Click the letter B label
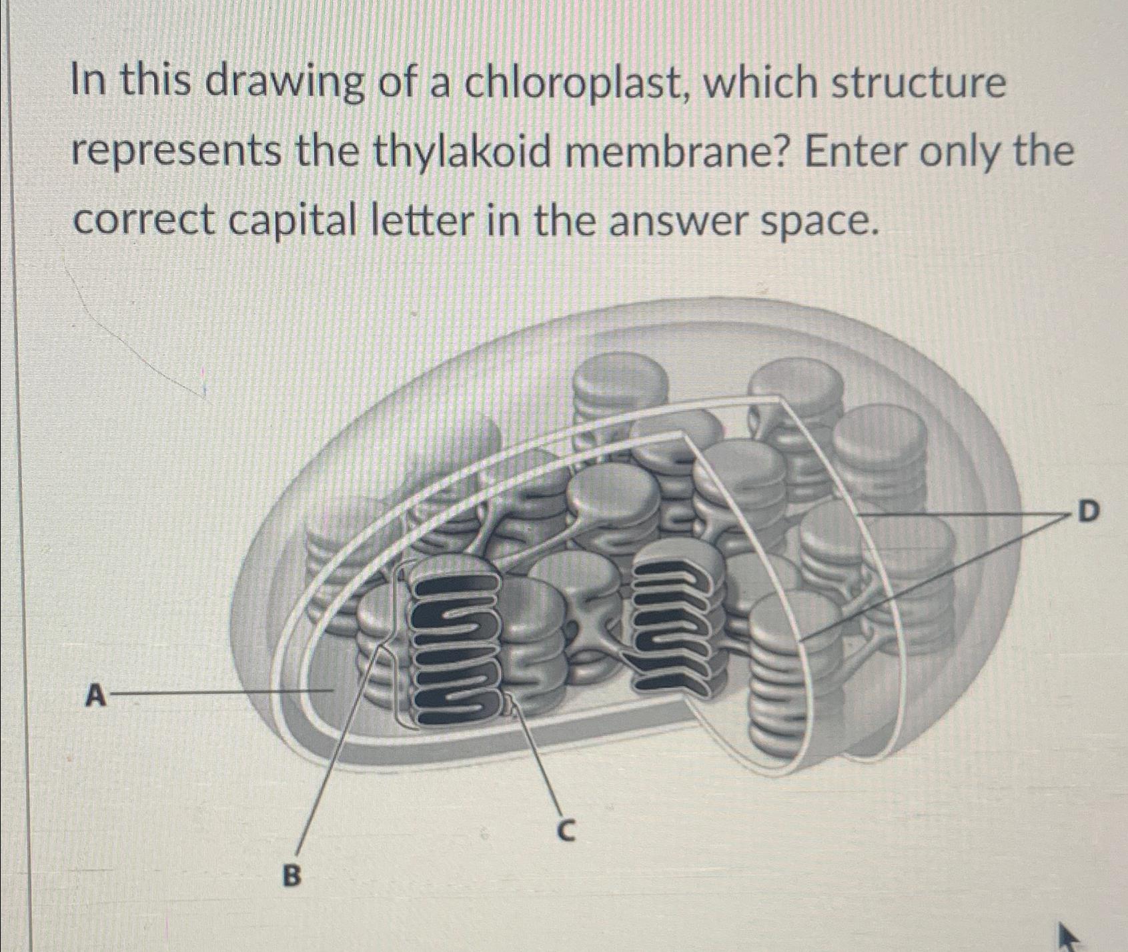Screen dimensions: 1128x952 292,873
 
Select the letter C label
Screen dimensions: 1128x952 564,831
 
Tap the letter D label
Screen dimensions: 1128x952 1087,512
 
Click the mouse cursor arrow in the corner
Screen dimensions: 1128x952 1066,937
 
